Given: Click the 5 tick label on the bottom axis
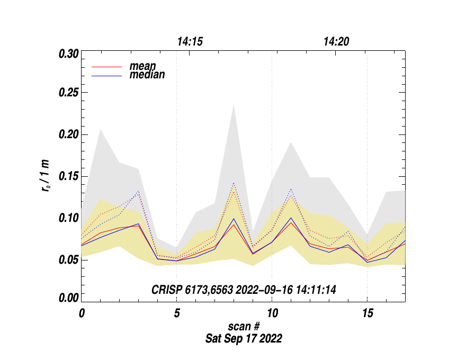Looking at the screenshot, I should pyautogui.click(x=176, y=312).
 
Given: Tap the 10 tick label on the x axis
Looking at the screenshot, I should pyautogui.click(x=272, y=312).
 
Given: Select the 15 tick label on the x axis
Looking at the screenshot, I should pyautogui.click(x=367, y=312).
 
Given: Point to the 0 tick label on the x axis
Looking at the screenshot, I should pyautogui.click(x=82, y=312).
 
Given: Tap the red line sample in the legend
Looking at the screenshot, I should pyautogui.click(x=107, y=67).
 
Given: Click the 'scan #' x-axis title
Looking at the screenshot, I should pyautogui.click(x=243, y=328).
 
